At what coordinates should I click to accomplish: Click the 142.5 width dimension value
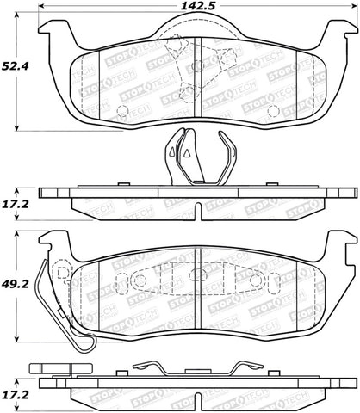click(196, 9)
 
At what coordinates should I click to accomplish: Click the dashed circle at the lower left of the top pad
click(121, 111)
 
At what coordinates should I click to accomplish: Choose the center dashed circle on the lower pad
click(197, 275)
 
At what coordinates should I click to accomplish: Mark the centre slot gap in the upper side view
click(198, 207)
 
